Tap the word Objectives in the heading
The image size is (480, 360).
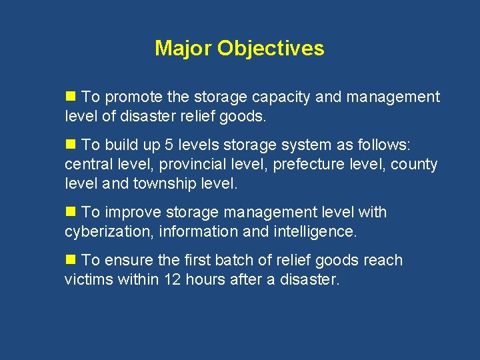(x=271, y=49)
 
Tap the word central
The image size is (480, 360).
(x=87, y=164)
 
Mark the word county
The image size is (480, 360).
(x=415, y=164)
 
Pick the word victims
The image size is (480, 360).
(x=89, y=279)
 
